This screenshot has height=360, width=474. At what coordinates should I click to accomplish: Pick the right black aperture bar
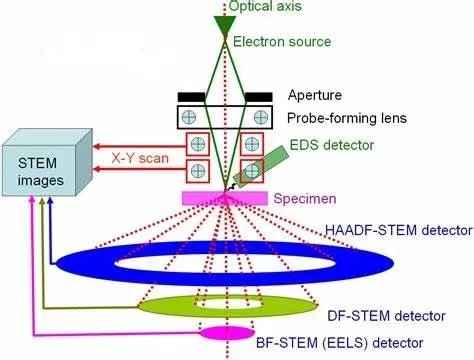click(x=258, y=96)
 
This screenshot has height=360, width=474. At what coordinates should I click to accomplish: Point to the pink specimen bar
click(x=225, y=198)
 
